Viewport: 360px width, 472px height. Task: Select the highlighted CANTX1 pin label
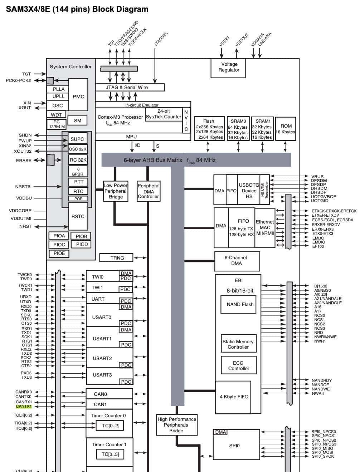[x=24, y=406]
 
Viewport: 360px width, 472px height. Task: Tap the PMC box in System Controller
[x=78, y=96]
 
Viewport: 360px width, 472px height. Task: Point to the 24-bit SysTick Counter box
[x=164, y=114]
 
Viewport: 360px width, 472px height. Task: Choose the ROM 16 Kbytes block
[x=286, y=129]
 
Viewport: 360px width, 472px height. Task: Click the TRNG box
[x=117, y=258]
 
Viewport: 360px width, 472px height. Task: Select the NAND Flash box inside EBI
[x=240, y=304]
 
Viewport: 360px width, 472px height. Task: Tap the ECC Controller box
[x=238, y=365]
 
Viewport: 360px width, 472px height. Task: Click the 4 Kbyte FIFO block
[x=234, y=397]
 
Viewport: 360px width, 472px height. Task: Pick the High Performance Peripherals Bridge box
[x=177, y=425]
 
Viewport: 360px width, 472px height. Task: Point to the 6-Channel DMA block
[x=236, y=260]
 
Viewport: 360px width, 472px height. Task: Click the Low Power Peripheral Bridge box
[x=116, y=191]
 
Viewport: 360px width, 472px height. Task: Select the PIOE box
[x=59, y=253]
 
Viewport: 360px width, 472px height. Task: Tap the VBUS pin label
[x=317, y=176]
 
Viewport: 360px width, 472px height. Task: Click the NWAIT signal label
[x=318, y=393]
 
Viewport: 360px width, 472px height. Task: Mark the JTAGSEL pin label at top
[x=161, y=39]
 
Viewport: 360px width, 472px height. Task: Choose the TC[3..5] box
[x=110, y=454]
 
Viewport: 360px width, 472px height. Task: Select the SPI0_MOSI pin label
[x=322, y=452]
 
